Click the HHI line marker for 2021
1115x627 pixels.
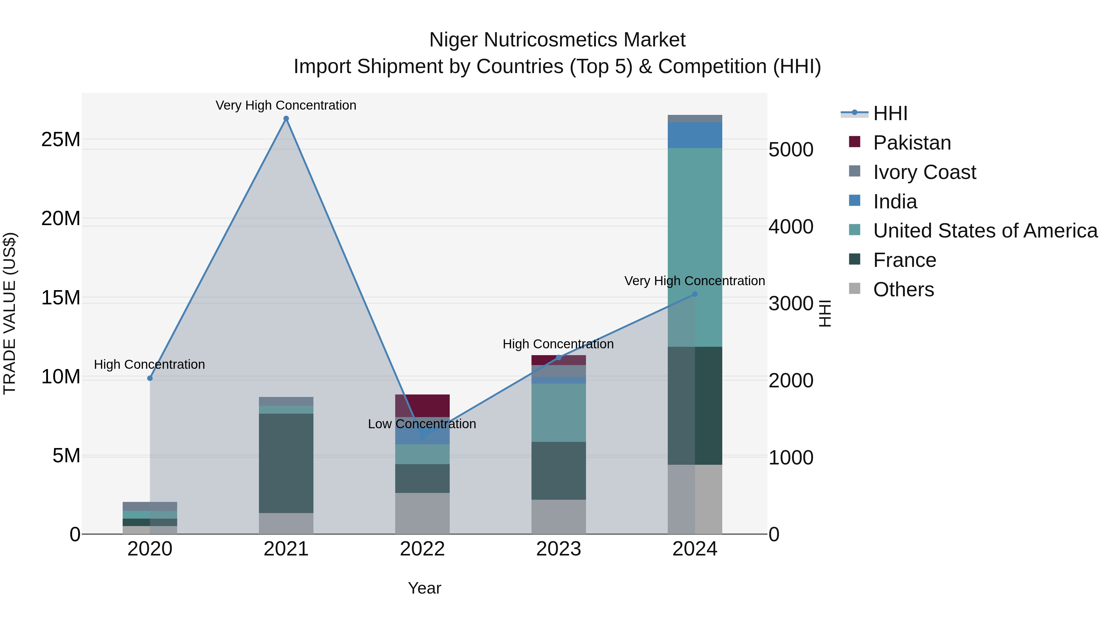click(x=286, y=119)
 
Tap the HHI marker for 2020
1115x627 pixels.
click(x=150, y=378)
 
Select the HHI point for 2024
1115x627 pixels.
click(x=695, y=294)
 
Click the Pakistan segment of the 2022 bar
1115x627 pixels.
click(x=422, y=405)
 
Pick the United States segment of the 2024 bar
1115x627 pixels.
click(x=695, y=247)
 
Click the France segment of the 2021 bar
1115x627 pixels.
click(x=286, y=463)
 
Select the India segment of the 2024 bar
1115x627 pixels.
click(x=695, y=135)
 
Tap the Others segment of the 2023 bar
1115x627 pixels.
click(x=558, y=517)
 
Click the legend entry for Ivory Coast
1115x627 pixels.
click(x=924, y=172)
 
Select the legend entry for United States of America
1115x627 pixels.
click(x=985, y=231)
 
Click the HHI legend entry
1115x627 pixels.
click(x=890, y=113)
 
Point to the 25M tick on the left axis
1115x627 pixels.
click(x=61, y=139)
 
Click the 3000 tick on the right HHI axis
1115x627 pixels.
click(x=791, y=303)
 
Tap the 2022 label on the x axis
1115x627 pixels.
click(x=422, y=549)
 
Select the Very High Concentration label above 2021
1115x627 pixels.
click(x=286, y=105)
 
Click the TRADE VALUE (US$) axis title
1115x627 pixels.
click(x=10, y=313)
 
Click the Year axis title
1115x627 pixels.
click(x=424, y=588)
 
